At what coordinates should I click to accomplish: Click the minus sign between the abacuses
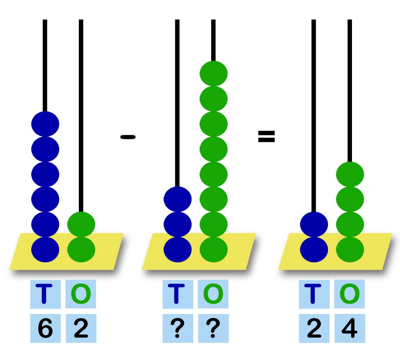(128, 137)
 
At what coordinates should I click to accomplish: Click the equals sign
(266, 137)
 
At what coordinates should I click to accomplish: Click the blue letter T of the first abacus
(45, 294)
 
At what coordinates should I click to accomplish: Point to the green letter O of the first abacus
(81, 294)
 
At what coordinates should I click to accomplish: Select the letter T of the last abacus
(314, 294)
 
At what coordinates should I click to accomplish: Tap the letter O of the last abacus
(349, 294)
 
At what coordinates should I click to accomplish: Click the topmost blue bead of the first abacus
(45, 124)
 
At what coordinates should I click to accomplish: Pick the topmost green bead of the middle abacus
(214, 73)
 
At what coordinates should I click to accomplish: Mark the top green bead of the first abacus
(81, 224)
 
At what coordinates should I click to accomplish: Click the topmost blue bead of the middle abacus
(178, 199)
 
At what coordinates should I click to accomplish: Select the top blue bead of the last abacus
(314, 224)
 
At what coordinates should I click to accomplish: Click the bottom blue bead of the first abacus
(45, 250)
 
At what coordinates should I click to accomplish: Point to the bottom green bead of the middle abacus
(214, 250)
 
